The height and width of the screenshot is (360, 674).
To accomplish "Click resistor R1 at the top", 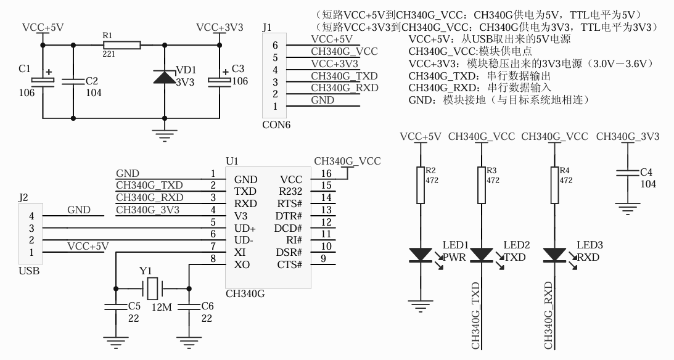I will point(122,44).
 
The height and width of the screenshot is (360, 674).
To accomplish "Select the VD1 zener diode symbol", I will point(164,77).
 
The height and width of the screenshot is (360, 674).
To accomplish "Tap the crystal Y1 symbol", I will point(152,287).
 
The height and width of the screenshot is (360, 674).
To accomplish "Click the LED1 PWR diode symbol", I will point(421,254).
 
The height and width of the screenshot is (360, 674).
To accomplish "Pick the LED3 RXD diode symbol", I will point(555,254).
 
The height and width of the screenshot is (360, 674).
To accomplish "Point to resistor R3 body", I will point(482,184).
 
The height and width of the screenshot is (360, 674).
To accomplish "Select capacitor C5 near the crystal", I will point(115,307).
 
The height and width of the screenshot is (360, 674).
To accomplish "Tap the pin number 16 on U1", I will point(327,173).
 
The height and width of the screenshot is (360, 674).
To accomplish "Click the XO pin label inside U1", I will point(241,264).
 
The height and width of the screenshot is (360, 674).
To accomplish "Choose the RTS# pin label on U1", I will point(289,203).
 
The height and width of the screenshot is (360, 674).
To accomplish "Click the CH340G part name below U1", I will point(245,294).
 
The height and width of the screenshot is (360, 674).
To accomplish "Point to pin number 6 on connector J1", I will point(275,45).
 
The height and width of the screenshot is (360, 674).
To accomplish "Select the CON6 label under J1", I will point(276,125).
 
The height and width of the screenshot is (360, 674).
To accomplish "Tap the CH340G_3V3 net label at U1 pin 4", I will point(147,210).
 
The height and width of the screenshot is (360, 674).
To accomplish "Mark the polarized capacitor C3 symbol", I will point(219,81).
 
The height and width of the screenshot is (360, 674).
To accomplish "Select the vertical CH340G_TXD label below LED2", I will point(475,316).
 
